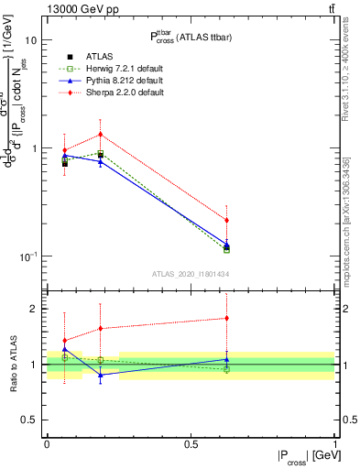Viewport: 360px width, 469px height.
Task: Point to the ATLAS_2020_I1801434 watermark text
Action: pyautogui.click(x=191, y=274)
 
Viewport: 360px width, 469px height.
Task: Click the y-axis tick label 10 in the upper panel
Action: pyautogui.click(x=31, y=40)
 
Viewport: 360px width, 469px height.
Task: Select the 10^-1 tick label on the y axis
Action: pyautogui.click(x=27, y=256)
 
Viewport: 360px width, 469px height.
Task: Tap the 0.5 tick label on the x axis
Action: pyautogui.click(x=191, y=444)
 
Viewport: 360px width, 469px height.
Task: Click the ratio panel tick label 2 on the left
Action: pyautogui.click(x=33, y=310)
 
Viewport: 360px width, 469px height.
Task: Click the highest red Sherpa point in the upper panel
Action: pyautogui.click(x=100, y=135)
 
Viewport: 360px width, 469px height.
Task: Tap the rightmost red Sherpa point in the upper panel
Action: pyautogui.click(x=226, y=221)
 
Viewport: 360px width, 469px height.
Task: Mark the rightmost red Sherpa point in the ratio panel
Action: pyautogui.click(x=226, y=318)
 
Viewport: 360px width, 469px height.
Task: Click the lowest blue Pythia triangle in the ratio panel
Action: pyautogui.click(x=100, y=376)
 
